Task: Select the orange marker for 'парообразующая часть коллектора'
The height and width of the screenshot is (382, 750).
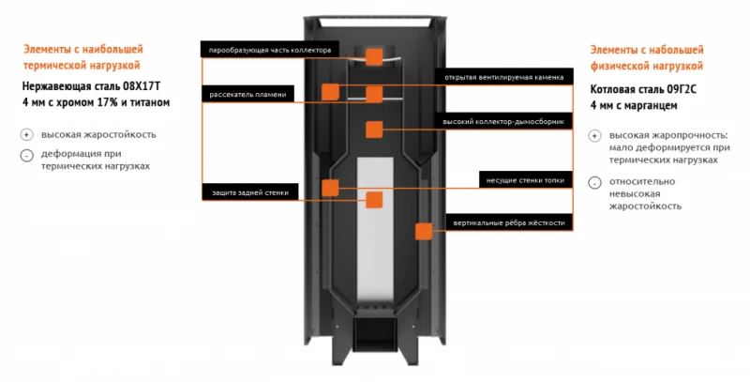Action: pyautogui.click(x=374, y=56)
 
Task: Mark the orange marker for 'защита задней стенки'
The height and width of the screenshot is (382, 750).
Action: pyautogui.click(x=374, y=199)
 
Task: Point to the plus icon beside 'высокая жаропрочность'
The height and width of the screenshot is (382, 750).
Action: pyautogui.click(x=594, y=136)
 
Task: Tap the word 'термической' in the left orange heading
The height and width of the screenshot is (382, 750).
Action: pyautogui.click(x=55, y=67)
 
